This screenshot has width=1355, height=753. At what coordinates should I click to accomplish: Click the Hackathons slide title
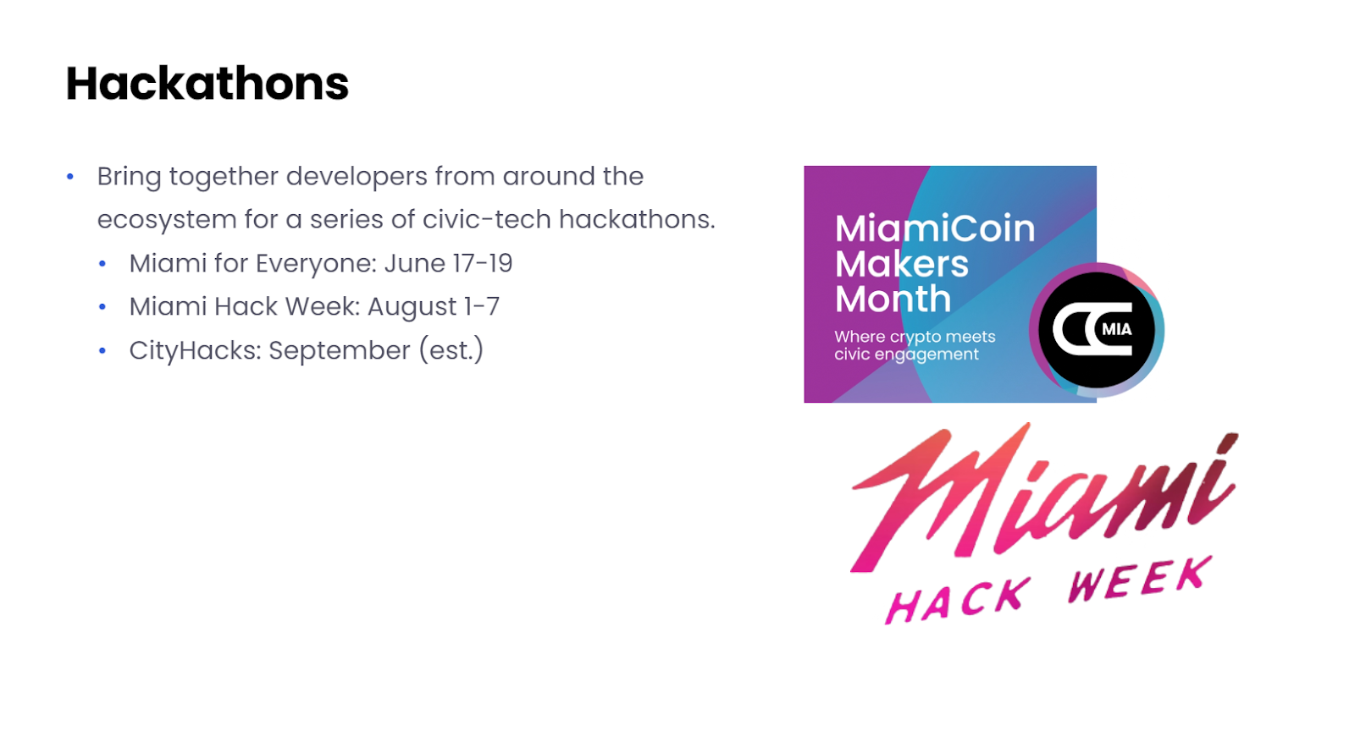(x=207, y=84)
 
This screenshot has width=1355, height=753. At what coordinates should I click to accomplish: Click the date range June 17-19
(x=448, y=263)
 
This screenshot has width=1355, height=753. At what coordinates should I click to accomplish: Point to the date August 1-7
(x=433, y=306)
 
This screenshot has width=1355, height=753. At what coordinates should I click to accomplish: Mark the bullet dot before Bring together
(x=70, y=177)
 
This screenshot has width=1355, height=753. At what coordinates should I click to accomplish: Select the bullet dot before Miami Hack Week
(x=102, y=307)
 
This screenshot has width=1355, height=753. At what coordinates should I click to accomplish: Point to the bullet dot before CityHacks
(x=102, y=350)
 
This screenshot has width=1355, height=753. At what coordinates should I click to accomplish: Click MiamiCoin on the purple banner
(x=935, y=228)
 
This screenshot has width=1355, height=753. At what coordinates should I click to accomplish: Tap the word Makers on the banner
(x=901, y=264)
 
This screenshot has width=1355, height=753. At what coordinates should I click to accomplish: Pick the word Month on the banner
(x=893, y=299)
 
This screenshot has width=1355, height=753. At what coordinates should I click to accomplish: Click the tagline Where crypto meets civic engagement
(x=914, y=345)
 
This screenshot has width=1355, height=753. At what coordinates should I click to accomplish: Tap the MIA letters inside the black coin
(x=1117, y=329)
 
